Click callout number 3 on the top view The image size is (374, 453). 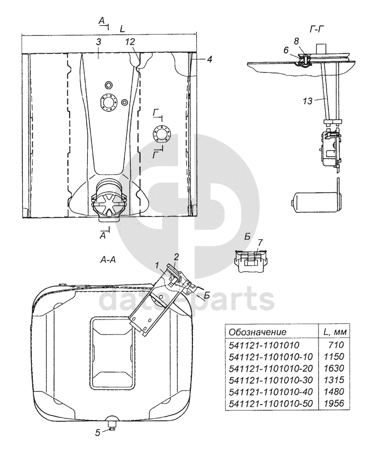[98, 42]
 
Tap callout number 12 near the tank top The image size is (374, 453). [130, 42]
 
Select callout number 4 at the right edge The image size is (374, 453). [210, 59]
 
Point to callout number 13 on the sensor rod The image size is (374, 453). [308, 101]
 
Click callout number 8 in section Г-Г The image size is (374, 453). [296, 41]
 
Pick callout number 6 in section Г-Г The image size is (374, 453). [286, 50]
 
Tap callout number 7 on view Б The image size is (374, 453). [260, 242]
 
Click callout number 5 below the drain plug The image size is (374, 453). [98, 433]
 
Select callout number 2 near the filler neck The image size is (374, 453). [176, 257]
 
